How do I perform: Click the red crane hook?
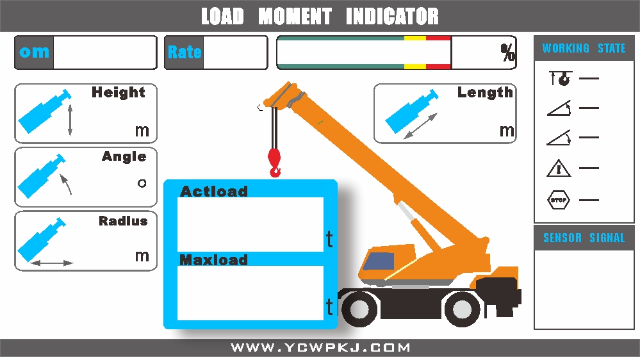(x=275, y=161)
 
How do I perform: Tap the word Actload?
(x=213, y=191)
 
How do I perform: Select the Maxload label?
(x=213, y=259)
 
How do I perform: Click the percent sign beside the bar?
(x=508, y=53)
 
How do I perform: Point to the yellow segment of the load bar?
(x=414, y=53)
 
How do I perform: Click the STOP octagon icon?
(x=558, y=200)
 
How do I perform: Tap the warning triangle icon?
(x=558, y=168)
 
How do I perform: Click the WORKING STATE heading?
(x=584, y=48)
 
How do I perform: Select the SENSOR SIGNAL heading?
(x=584, y=238)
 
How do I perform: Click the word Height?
(x=119, y=92)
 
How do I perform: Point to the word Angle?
(x=124, y=156)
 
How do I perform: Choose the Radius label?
(x=123, y=221)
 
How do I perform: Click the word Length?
(x=485, y=92)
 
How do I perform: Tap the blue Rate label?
(x=185, y=53)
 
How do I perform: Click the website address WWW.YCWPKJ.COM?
(x=320, y=348)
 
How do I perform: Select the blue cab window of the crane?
(x=379, y=260)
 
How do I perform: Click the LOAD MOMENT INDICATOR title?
(x=320, y=16)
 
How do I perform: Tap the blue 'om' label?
(x=34, y=53)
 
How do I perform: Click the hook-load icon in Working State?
(x=559, y=79)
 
